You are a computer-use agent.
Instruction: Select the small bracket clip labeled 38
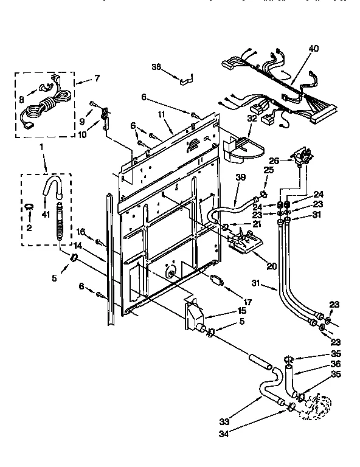pyautogui.click(x=185, y=77)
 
